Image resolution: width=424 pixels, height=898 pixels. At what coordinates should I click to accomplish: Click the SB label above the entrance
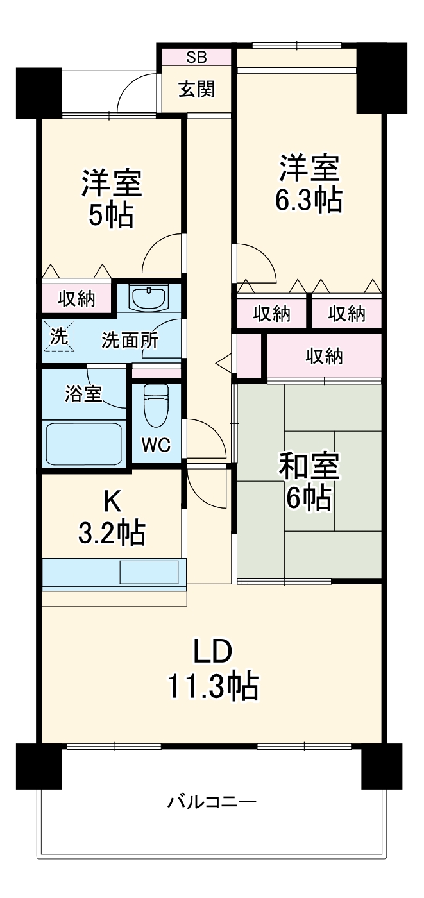(x=196, y=56)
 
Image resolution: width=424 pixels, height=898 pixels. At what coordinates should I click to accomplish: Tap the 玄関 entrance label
(x=196, y=90)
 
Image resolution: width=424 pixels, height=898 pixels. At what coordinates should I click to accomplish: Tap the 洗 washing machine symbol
(x=59, y=337)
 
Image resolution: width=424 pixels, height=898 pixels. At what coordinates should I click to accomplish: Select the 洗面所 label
(x=130, y=341)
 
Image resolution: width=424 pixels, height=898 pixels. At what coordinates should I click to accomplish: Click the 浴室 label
(x=83, y=393)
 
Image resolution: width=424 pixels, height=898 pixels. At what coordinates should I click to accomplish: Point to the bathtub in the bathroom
(x=83, y=443)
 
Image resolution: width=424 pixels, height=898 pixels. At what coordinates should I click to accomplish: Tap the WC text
(x=156, y=446)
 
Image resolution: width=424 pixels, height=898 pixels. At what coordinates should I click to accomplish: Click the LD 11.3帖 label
(x=213, y=669)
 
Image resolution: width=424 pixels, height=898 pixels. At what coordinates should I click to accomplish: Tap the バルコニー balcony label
(x=212, y=802)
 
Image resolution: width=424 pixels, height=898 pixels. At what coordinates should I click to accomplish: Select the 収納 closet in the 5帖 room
(x=77, y=298)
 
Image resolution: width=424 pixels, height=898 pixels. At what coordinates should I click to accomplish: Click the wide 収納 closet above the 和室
(x=324, y=356)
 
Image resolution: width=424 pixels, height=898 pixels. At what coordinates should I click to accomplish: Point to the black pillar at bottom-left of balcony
(x=38, y=767)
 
